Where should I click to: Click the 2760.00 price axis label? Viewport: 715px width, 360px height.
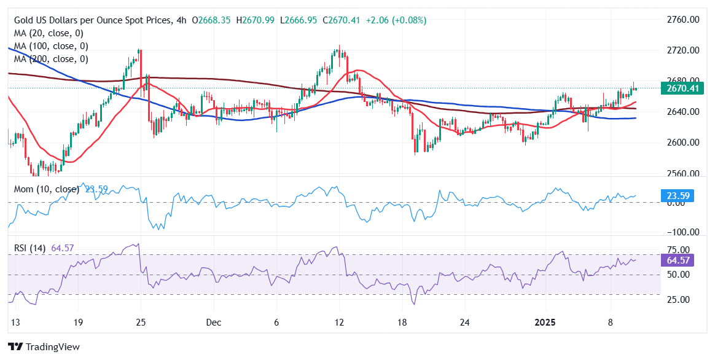[x=682, y=20]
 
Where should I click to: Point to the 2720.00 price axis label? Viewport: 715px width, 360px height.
[x=682, y=50]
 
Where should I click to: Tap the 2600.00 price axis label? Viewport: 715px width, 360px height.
[x=682, y=143]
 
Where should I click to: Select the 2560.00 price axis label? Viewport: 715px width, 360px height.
[x=682, y=173]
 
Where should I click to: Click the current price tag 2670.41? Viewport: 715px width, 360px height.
[x=682, y=88]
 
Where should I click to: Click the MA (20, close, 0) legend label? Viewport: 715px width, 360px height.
[x=49, y=33]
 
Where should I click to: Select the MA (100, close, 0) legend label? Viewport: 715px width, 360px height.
[x=51, y=46]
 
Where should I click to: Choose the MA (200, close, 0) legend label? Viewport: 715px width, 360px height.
[x=51, y=59]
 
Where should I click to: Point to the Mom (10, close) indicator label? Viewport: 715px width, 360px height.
[x=47, y=189]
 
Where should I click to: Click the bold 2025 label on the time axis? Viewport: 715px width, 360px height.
[x=546, y=322]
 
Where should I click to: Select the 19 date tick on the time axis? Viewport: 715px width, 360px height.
[x=77, y=322]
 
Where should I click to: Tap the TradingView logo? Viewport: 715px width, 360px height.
[x=44, y=346]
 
